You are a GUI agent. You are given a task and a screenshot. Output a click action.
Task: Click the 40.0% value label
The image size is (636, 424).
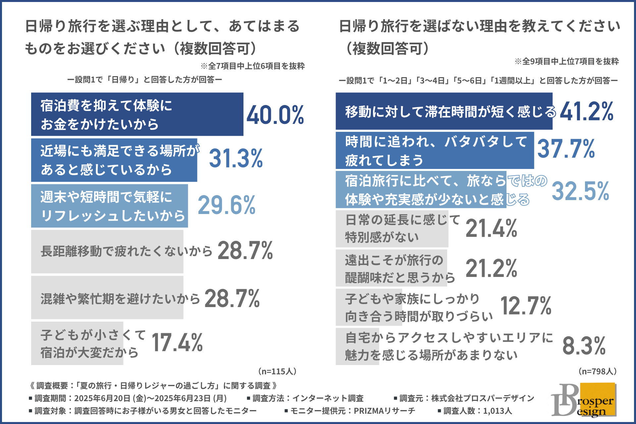click(x=275, y=115)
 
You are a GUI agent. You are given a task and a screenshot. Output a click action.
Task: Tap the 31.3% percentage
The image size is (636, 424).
click(x=236, y=158)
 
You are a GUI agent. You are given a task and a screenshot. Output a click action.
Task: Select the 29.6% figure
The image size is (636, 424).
click(x=227, y=205)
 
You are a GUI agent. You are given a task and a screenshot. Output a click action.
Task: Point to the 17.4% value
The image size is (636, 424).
click(x=177, y=343)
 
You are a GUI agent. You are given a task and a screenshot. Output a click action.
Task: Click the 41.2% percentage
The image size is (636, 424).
click(x=586, y=111)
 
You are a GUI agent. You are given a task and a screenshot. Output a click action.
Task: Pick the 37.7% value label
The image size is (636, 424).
click(x=566, y=149)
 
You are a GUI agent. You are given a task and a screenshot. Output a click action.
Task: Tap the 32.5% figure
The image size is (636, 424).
click(x=580, y=191)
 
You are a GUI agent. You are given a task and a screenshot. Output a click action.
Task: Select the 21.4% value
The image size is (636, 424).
click(x=491, y=229)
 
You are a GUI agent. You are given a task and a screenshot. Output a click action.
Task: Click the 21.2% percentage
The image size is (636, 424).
click(x=491, y=268)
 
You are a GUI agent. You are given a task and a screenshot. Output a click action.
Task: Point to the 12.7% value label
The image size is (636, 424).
click(x=526, y=306)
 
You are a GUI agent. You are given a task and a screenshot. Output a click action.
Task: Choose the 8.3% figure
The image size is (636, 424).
click(x=584, y=346)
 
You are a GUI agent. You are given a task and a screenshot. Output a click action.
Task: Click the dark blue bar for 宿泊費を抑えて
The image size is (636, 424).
click(x=137, y=114)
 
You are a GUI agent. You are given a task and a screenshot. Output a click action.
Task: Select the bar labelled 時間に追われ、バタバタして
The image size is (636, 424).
click(x=435, y=150)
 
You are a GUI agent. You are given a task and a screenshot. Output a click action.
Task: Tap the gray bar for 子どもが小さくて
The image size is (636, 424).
click(x=77, y=343)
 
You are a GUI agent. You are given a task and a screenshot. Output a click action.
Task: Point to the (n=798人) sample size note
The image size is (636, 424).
click(x=597, y=371)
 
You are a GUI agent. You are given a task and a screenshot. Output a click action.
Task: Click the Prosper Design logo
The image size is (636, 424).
click(x=583, y=400)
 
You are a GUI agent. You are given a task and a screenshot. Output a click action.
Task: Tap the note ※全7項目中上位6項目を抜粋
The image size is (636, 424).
click(x=252, y=66)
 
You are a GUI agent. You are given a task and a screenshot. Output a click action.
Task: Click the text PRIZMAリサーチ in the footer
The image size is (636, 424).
click(x=384, y=411)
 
